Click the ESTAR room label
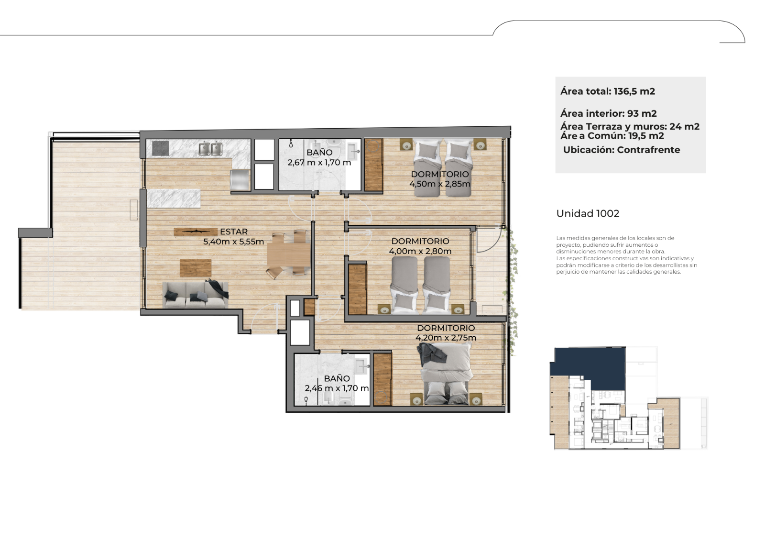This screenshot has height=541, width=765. pyautogui.click(x=234, y=232)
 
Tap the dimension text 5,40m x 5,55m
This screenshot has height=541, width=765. pyautogui.click(x=234, y=242)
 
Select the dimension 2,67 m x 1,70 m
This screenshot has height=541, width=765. pyautogui.click(x=319, y=162)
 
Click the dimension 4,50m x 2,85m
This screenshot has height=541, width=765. pyautogui.click(x=440, y=184)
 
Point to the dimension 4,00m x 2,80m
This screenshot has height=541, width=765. pyautogui.click(x=420, y=251)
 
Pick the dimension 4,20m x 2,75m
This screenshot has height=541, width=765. pyautogui.click(x=446, y=338)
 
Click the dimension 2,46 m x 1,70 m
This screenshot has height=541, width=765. pyautogui.click(x=337, y=388)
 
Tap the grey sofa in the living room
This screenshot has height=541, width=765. pyautogui.click(x=196, y=295)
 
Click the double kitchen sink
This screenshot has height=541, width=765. pyautogui.click(x=210, y=149)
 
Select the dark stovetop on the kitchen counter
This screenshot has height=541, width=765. pyautogui.click(x=160, y=148)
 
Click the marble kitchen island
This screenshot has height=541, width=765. pyautogui.click(x=174, y=198)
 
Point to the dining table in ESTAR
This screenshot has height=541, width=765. pyautogui.click(x=289, y=254)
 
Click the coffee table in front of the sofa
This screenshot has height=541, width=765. pyautogui.click(x=196, y=268)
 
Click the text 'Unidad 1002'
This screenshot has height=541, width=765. pyautogui.click(x=588, y=214)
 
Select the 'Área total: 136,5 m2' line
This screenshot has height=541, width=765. pyautogui.click(x=608, y=91)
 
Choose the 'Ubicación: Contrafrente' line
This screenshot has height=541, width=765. pyautogui.click(x=622, y=150)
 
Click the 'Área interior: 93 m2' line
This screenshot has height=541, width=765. pyautogui.click(x=608, y=113)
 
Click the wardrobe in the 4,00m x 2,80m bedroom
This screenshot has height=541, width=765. pyautogui.click(x=357, y=289)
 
